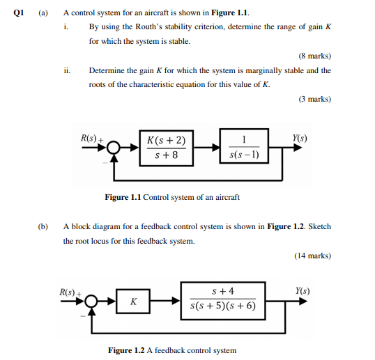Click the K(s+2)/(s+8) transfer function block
[166, 148]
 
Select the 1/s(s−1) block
[244, 147]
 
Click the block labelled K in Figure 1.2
[134, 302]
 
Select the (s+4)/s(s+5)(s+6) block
[223, 299]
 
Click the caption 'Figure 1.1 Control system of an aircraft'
[171, 197]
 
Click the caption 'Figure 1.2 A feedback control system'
[172, 350]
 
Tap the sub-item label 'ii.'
[66, 71]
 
